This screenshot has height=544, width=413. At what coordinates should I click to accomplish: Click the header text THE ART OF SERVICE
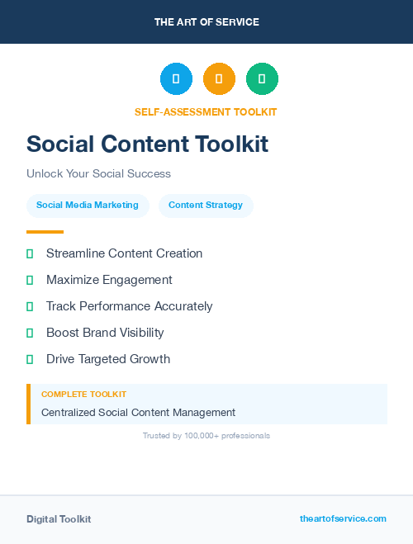point(206,22)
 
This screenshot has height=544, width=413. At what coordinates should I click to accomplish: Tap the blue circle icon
point(176,79)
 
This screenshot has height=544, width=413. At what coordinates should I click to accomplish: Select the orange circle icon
point(219,79)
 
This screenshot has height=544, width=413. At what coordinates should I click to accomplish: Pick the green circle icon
point(262,79)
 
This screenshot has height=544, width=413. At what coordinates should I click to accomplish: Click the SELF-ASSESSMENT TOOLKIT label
point(206,111)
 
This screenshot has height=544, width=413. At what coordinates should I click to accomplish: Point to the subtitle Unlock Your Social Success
point(98,173)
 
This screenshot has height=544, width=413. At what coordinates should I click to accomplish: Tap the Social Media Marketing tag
point(88,206)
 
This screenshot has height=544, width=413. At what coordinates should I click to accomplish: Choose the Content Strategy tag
point(206,206)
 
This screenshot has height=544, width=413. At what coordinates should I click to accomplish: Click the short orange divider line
point(45,232)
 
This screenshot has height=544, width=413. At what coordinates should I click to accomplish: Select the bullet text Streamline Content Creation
point(124,253)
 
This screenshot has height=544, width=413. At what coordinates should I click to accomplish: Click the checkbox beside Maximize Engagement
point(30,280)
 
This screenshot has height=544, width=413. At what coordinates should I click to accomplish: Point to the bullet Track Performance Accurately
point(129,306)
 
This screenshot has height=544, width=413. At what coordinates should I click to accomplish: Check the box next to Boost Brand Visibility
point(30,333)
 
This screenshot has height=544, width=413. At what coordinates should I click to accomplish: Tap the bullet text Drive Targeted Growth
point(108,359)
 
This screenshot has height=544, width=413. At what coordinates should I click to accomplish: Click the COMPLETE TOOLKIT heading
point(83,395)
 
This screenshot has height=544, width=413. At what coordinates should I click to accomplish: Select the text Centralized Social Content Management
point(138,413)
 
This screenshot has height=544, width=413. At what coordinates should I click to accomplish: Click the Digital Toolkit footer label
point(59,519)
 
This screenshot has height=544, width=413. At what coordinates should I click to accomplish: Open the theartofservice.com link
point(343,518)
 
